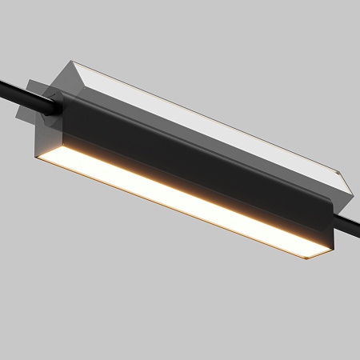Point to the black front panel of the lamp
tap(192, 160)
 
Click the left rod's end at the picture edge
tap(2, 84)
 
